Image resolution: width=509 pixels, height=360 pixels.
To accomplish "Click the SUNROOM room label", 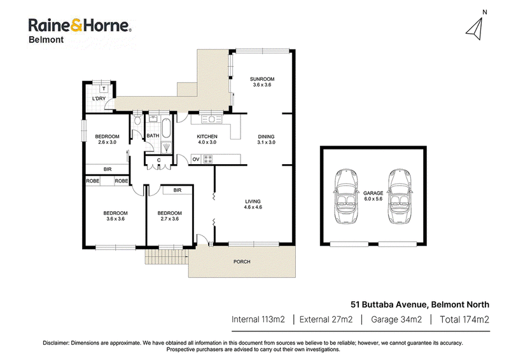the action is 262,79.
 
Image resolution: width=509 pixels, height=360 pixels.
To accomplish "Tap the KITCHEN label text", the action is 207,136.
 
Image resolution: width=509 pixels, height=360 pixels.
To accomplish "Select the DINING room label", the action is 266,137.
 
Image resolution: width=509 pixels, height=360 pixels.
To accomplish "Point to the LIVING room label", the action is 253,201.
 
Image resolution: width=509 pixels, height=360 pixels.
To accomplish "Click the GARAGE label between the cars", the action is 373,193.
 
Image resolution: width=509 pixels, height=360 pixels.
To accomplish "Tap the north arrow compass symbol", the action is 475,29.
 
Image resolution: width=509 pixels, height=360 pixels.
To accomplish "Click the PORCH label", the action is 242,261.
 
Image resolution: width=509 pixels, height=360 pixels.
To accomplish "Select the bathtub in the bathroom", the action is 166,128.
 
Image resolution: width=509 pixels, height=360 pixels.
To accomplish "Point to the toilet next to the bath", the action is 137,119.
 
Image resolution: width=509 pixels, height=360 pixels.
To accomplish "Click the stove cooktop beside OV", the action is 208,159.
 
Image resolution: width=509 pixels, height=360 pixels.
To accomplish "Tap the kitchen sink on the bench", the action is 211,119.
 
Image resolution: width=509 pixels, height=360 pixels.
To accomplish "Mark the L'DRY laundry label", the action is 99,99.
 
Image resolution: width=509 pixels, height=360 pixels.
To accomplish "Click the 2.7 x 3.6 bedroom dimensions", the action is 169,219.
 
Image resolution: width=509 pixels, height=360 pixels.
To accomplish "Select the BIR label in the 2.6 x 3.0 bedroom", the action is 108,169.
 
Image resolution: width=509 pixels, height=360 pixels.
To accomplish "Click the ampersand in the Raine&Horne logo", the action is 76,25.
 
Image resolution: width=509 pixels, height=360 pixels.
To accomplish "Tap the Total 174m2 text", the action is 464,319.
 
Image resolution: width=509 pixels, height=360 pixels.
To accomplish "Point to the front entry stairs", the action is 167,257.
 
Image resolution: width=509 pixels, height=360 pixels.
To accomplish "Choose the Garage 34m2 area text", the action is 396,319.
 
